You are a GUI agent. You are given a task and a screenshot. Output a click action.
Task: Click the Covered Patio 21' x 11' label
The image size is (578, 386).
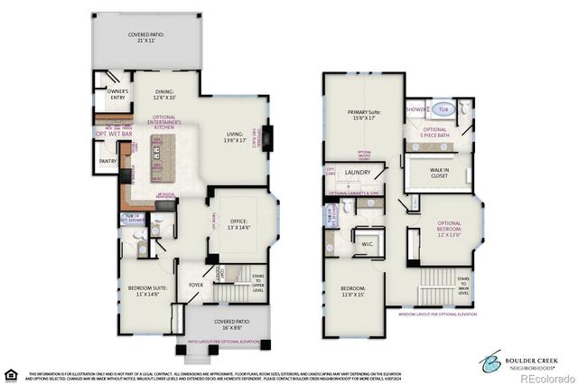(x=146, y=37)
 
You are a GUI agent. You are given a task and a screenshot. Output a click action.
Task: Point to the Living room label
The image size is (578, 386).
(x=235, y=138)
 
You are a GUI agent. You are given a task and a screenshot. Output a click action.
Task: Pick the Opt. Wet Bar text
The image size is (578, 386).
(x=113, y=134)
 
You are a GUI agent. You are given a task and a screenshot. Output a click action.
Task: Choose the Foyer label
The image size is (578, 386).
(x=196, y=284)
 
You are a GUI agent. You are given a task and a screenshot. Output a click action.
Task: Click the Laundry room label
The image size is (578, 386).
(x=359, y=172)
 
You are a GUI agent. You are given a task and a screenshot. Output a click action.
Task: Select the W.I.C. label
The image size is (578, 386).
(x=368, y=243)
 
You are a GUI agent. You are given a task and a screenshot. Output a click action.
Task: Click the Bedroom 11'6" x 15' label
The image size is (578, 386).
(x=359, y=291)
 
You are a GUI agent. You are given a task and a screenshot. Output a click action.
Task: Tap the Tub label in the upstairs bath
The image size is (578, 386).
(x=443, y=109)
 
